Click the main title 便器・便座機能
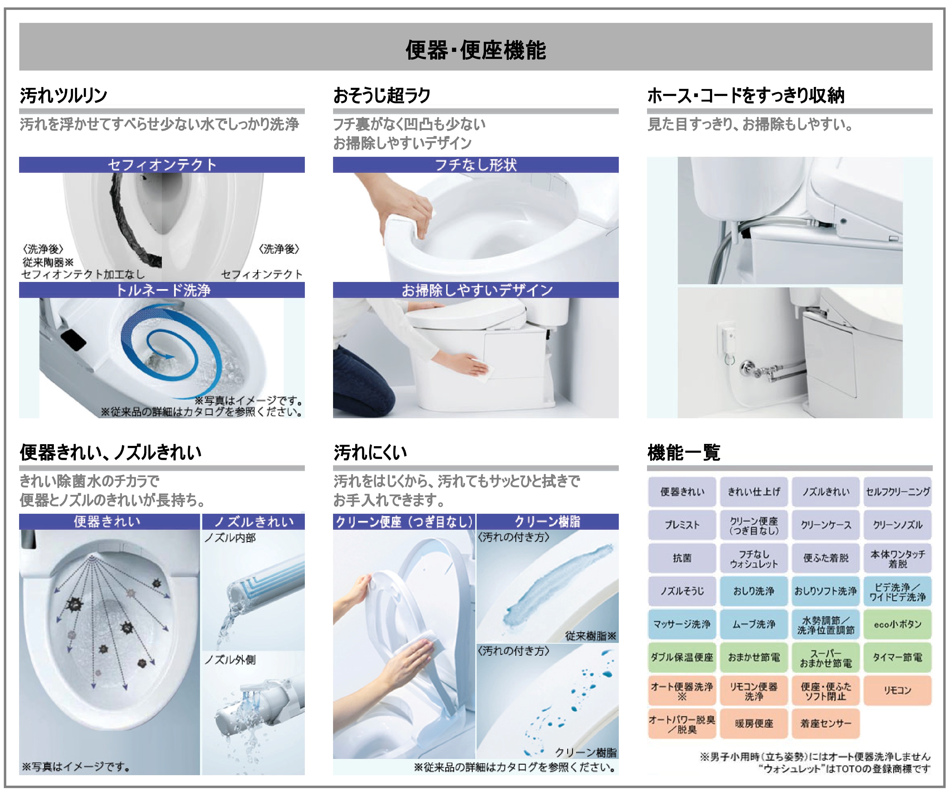click(475, 50)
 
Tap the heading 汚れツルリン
click(64, 96)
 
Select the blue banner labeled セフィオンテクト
click(162, 165)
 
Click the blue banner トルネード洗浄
click(162, 290)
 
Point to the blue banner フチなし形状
click(475, 165)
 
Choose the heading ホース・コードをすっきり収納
click(746, 96)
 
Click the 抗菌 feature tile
click(682, 558)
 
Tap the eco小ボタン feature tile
click(897, 624)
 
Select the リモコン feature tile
click(897, 690)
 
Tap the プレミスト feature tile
click(682, 525)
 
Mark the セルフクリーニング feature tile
click(897, 492)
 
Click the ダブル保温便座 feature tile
click(682, 657)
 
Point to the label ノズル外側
click(230, 660)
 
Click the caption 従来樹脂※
click(591, 636)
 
